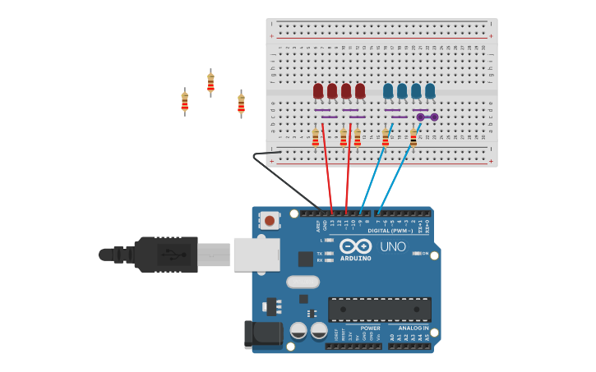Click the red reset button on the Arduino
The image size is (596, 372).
[x=269, y=221]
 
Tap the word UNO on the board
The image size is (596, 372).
[x=392, y=246]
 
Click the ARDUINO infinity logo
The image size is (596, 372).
[x=355, y=246]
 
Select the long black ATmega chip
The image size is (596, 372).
[x=379, y=310]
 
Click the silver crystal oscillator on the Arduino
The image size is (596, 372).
[x=303, y=282]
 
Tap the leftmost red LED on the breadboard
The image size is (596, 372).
[x=318, y=90]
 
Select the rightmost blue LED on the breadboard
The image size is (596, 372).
[x=430, y=90]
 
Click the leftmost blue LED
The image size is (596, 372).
[x=388, y=90]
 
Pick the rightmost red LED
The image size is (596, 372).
[x=360, y=90]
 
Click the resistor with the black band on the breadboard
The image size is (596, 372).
[x=414, y=138]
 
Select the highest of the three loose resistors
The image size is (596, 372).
[x=210, y=82]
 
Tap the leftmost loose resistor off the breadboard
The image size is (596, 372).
[x=184, y=102]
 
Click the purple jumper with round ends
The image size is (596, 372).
[x=427, y=117]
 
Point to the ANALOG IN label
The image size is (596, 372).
[x=409, y=328]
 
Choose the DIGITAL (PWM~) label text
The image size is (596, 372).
[x=390, y=231]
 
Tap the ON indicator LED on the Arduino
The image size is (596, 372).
[x=416, y=254]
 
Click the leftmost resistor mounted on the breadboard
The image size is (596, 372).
[x=315, y=138]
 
